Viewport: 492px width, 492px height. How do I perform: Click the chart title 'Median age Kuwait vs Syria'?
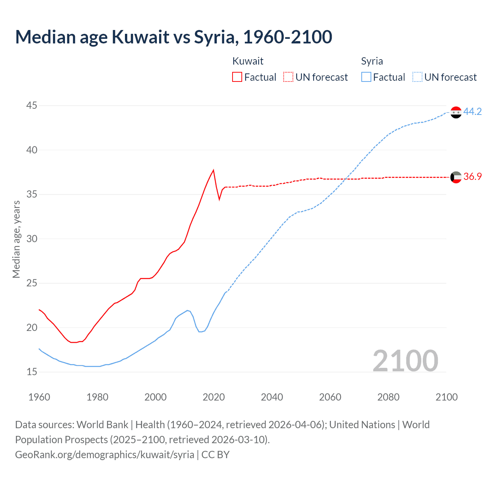(173, 37)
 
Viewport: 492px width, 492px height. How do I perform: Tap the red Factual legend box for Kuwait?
(237, 77)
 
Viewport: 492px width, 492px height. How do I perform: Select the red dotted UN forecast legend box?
(288, 77)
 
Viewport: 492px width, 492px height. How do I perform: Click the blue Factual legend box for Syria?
(366, 77)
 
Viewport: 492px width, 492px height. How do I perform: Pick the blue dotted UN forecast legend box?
(417, 77)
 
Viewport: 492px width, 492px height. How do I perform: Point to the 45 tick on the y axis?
(32, 106)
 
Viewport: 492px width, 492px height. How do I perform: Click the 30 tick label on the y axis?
(32, 239)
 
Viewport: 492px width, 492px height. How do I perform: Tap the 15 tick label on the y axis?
(32, 372)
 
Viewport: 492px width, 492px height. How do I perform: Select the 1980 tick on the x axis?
(97, 397)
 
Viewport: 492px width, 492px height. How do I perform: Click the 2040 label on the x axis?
(272, 397)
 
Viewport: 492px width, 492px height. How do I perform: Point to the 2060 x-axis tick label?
(330, 397)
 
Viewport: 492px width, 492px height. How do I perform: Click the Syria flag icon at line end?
(456, 112)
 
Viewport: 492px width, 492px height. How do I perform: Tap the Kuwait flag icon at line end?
(456, 177)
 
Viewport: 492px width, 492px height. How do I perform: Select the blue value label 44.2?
(472, 111)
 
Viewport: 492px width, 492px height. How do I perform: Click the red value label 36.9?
(472, 176)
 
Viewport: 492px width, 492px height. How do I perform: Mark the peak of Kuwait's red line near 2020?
(213, 170)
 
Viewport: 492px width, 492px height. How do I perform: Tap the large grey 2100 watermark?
(405, 361)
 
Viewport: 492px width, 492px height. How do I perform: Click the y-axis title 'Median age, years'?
(16, 239)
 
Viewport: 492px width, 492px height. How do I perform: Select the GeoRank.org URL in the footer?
(105, 454)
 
